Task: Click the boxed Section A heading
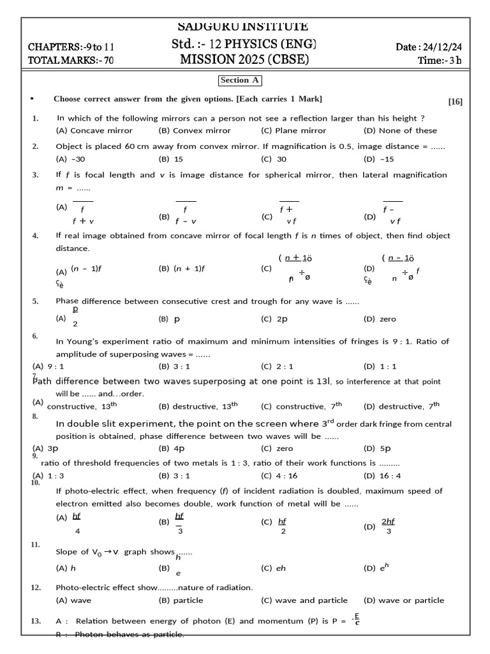pyautogui.click(x=240, y=80)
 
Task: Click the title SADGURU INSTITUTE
pyautogui.click(x=244, y=27)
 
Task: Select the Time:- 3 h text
pyautogui.click(x=440, y=60)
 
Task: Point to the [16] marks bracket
pyautogui.click(x=455, y=102)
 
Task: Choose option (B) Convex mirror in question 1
pyautogui.click(x=195, y=130)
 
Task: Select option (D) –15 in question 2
pyautogui.click(x=379, y=159)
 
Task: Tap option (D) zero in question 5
pyautogui.click(x=380, y=319)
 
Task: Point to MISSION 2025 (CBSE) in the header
pyautogui.click(x=245, y=60)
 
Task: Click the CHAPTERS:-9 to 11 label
pyautogui.click(x=71, y=47)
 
